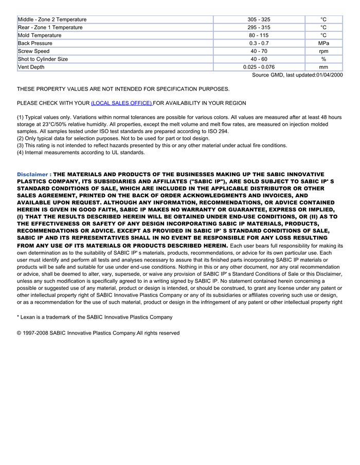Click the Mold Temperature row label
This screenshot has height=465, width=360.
(x=40, y=35)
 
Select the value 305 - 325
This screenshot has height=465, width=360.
(x=259, y=20)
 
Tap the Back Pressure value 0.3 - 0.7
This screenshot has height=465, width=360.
(x=259, y=43)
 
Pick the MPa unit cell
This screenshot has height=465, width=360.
(x=323, y=43)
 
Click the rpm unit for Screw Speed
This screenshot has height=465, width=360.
(x=323, y=51)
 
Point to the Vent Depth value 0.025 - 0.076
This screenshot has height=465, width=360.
(x=259, y=67)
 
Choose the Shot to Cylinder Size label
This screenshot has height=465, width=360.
(x=43, y=59)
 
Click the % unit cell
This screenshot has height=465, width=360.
(x=323, y=59)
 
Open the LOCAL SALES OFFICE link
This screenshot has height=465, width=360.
(x=121, y=103)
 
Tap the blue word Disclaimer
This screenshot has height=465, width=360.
(x=32, y=175)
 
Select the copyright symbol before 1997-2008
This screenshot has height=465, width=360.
(x=19, y=333)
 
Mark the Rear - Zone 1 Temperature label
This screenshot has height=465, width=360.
(x=50, y=27)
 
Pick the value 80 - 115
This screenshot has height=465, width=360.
(x=259, y=35)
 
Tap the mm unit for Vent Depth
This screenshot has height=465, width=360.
(x=323, y=67)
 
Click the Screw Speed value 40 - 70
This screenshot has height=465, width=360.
(x=259, y=51)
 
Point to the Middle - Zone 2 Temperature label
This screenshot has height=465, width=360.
(x=52, y=20)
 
